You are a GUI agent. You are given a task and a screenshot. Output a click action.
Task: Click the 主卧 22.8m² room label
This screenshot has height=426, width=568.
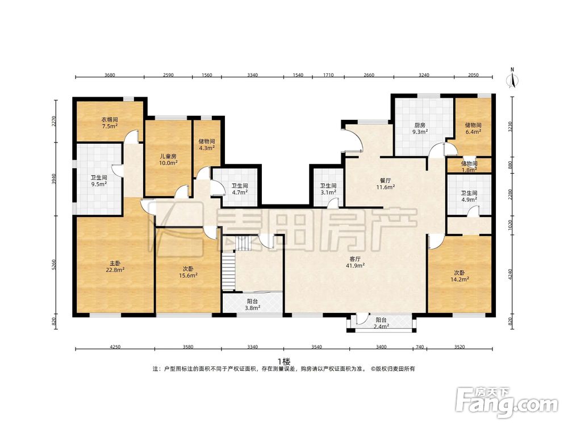click(x=115, y=266)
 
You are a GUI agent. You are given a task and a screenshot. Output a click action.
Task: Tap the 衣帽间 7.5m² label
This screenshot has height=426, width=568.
click(x=110, y=123)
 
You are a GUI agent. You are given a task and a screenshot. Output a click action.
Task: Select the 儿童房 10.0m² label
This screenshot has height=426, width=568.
click(x=169, y=160)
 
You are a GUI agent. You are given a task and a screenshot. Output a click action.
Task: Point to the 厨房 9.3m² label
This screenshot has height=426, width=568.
click(x=420, y=128)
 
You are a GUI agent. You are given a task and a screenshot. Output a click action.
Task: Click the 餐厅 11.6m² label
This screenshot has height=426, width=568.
click(x=385, y=183)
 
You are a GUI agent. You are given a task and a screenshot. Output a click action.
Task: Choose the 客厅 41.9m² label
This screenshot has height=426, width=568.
click(x=355, y=262)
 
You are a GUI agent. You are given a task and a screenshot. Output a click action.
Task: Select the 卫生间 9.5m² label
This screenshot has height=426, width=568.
click(x=98, y=181)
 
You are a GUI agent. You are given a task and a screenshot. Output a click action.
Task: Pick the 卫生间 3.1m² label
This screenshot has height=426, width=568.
click(x=328, y=189)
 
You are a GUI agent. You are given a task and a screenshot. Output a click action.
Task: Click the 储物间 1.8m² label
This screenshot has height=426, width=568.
click(x=469, y=166)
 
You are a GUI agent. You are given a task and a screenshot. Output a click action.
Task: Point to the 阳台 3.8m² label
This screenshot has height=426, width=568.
click(x=253, y=304)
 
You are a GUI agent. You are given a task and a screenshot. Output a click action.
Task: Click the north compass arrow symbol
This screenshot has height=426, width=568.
click(x=512, y=80)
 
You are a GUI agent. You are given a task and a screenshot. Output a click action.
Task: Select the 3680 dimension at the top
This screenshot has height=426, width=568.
click(x=110, y=75)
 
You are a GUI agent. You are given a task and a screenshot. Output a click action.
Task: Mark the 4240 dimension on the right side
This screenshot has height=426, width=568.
click(x=511, y=274)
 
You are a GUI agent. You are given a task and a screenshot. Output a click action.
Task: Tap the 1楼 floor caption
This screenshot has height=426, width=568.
click(x=284, y=361)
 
